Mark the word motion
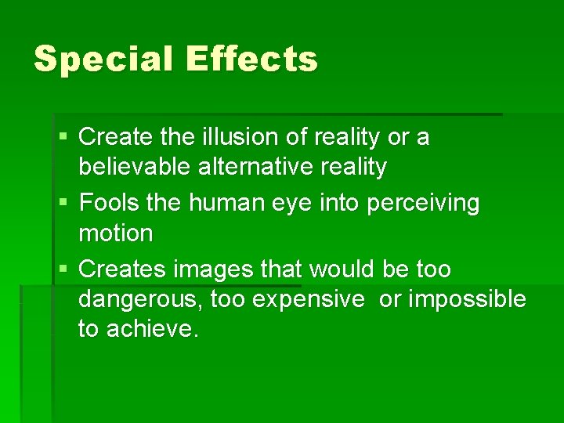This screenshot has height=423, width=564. tap(115, 233)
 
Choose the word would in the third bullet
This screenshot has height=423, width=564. tap(344, 269)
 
